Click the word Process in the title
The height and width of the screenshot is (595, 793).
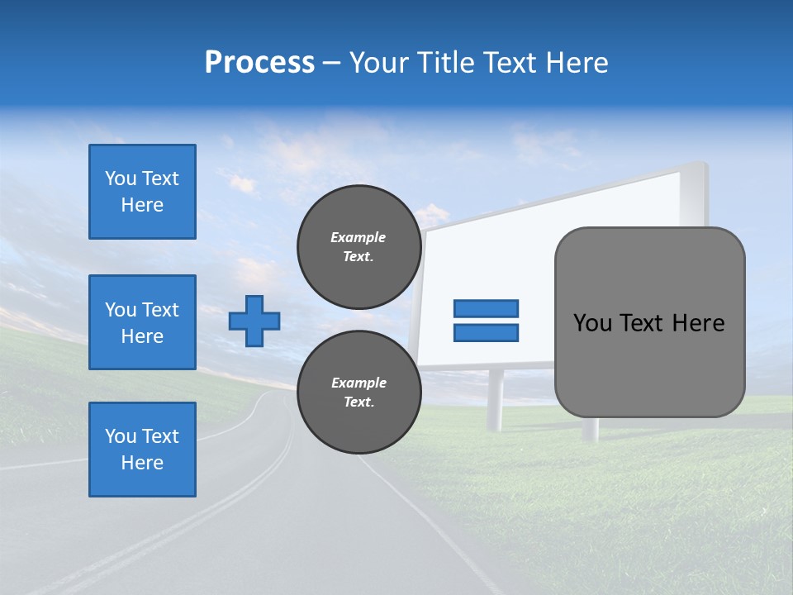(259, 62)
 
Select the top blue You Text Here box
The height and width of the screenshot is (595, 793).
(142, 192)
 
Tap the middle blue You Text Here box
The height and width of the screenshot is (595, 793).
(142, 322)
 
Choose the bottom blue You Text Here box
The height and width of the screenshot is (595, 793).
(142, 450)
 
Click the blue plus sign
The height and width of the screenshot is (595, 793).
(254, 321)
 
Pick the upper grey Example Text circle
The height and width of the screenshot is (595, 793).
(359, 247)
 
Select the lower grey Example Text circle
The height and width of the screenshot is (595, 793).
(359, 393)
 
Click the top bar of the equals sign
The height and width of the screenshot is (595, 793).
(486, 309)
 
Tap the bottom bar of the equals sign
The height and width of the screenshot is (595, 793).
(486, 333)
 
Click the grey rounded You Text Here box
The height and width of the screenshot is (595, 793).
(649, 322)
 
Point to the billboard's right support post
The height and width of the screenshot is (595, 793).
(590, 428)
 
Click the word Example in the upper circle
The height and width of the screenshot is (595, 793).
(359, 237)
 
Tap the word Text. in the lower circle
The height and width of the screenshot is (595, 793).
(359, 402)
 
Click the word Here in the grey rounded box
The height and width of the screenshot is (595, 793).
(698, 323)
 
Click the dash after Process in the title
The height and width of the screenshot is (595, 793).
(332, 63)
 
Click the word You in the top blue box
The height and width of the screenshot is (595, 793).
(120, 178)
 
